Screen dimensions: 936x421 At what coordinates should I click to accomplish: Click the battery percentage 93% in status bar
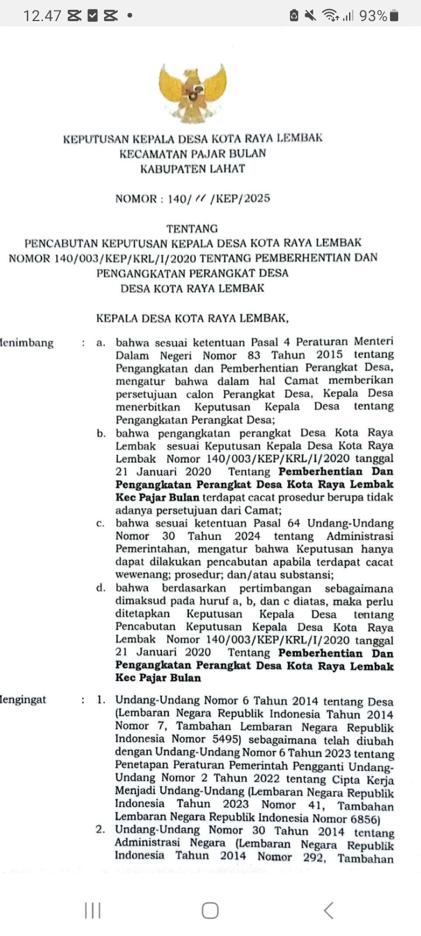click(x=373, y=16)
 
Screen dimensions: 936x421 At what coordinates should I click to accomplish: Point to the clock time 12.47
click(x=42, y=16)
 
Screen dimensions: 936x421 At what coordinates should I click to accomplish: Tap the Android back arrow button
click(x=328, y=910)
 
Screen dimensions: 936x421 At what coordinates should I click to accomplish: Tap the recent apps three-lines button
click(x=92, y=910)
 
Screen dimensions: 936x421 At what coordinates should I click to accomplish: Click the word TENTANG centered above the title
click(x=192, y=229)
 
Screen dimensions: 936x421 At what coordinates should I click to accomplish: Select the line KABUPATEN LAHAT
click(x=192, y=169)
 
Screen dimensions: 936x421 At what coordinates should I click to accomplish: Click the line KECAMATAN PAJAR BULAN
click(x=192, y=154)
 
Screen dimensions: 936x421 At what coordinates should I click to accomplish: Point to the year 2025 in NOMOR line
click(x=257, y=198)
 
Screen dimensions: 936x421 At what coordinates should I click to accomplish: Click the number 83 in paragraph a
click(x=254, y=355)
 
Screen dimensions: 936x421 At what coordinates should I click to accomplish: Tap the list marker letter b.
click(x=102, y=433)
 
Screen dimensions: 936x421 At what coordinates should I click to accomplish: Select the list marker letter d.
click(x=101, y=588)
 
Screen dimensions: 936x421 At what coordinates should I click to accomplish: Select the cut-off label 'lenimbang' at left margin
click(x=27, y=343)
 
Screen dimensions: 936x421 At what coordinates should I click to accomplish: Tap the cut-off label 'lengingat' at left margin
click(x=23, y=700)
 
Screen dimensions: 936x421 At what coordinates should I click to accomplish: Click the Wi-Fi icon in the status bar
click(x=330, y=16)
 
